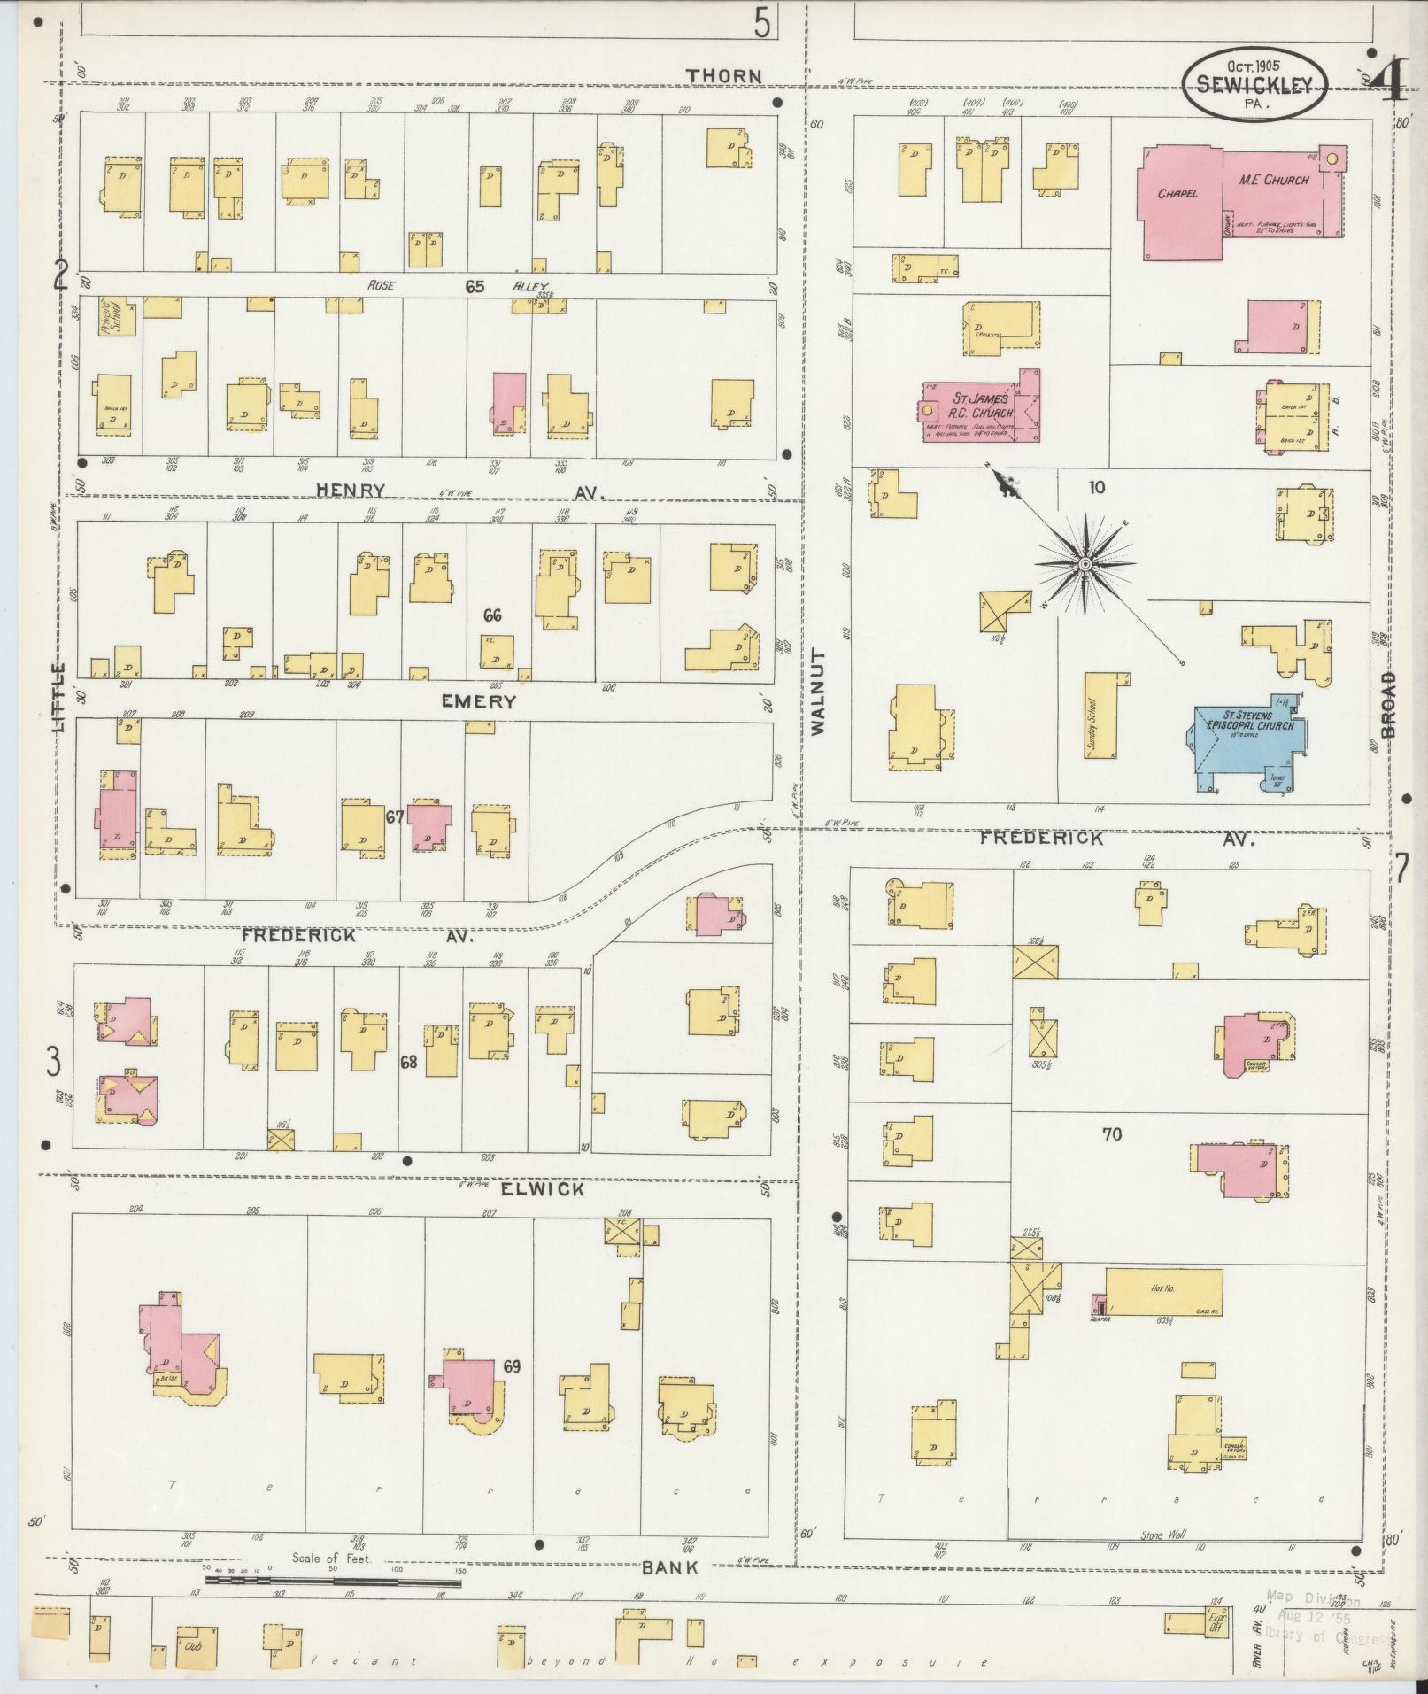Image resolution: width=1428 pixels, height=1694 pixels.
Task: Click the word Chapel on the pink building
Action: (1177, 192)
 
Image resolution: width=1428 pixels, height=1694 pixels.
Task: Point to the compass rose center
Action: (1085, 563)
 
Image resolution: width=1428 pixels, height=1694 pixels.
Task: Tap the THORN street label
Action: (725, 76)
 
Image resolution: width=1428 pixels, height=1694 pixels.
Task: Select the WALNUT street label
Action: (816, 691)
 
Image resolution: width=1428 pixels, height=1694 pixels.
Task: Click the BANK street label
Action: (671, 1567)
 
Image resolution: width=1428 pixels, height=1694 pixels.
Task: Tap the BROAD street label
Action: (1386, 704)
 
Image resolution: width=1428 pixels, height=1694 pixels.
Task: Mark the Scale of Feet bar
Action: (332, 1580)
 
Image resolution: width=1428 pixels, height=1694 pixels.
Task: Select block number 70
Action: (1112, 1133)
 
